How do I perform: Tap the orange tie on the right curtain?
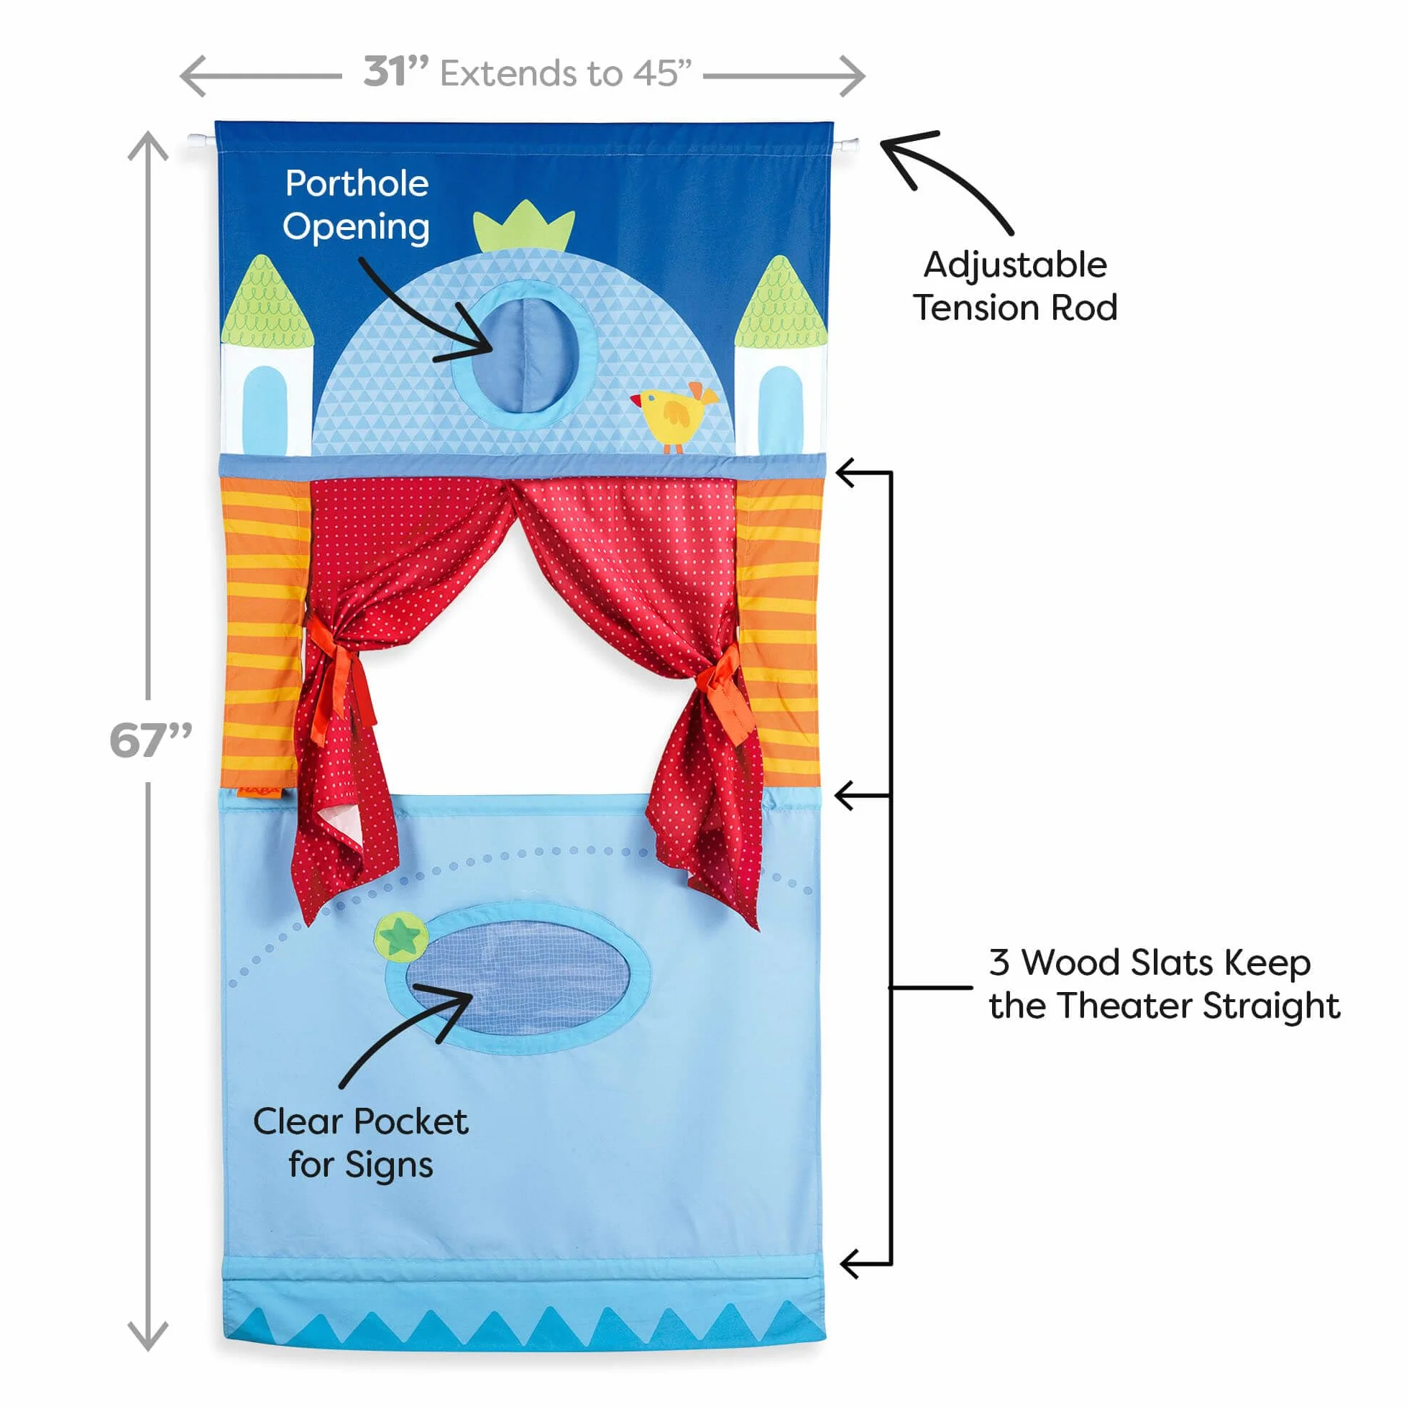point(722,693)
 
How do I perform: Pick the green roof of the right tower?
point(781,303)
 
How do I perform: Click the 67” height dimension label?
point(150,740)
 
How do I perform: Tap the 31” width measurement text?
point(396,71)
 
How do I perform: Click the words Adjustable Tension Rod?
point(1015,286)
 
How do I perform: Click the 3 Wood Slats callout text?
point(1164,985)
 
